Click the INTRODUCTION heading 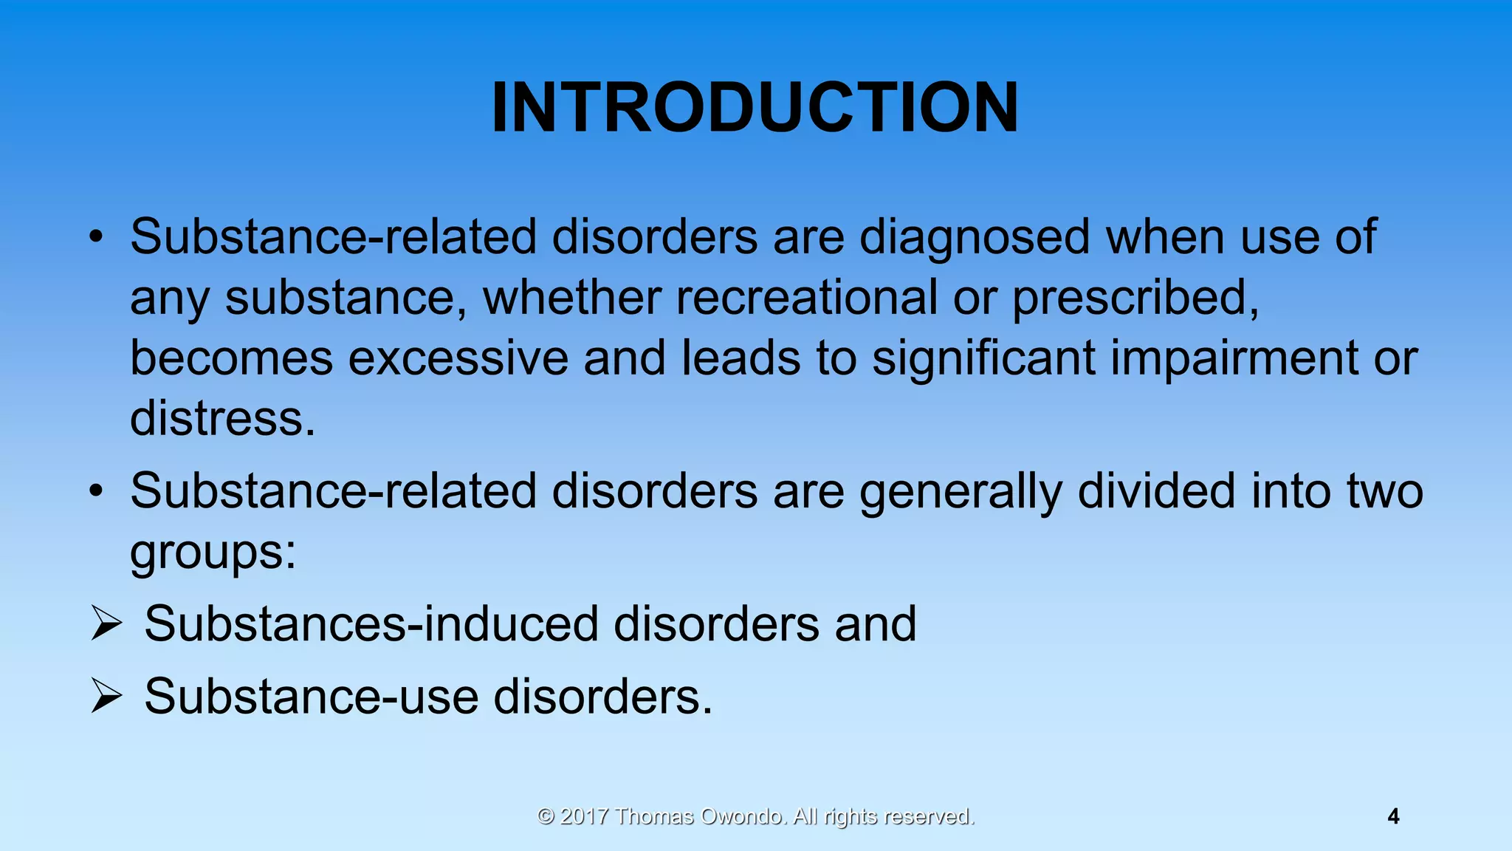tap(755, 108)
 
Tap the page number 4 tap(1393, 816)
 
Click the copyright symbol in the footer tap(546, 816)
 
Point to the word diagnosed tap(975, 238)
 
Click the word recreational tap(805, 298)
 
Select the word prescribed tap(1135, 298)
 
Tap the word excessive tap(458, 358)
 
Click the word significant tap(983, 358)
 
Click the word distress tap(221, 419)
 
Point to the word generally tap(961, 492)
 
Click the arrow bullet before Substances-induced tap(106, 623)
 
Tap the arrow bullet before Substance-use tap(106, 696)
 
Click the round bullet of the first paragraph tap(95, 238)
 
